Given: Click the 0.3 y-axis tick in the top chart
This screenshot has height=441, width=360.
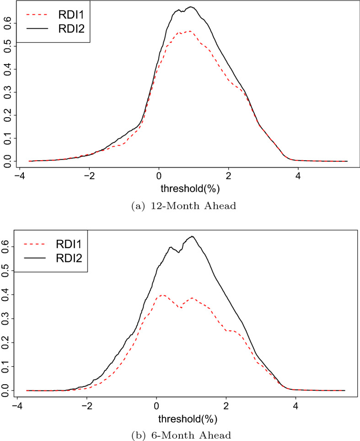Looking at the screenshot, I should [x=6, y=92].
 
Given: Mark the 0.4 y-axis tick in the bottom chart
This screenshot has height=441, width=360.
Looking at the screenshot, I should [x=6, y=294].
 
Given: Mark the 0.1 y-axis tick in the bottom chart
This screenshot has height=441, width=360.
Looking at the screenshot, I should [x=6, y=366].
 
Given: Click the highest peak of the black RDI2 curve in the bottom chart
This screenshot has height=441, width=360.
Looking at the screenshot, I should [x=192, y=236].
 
